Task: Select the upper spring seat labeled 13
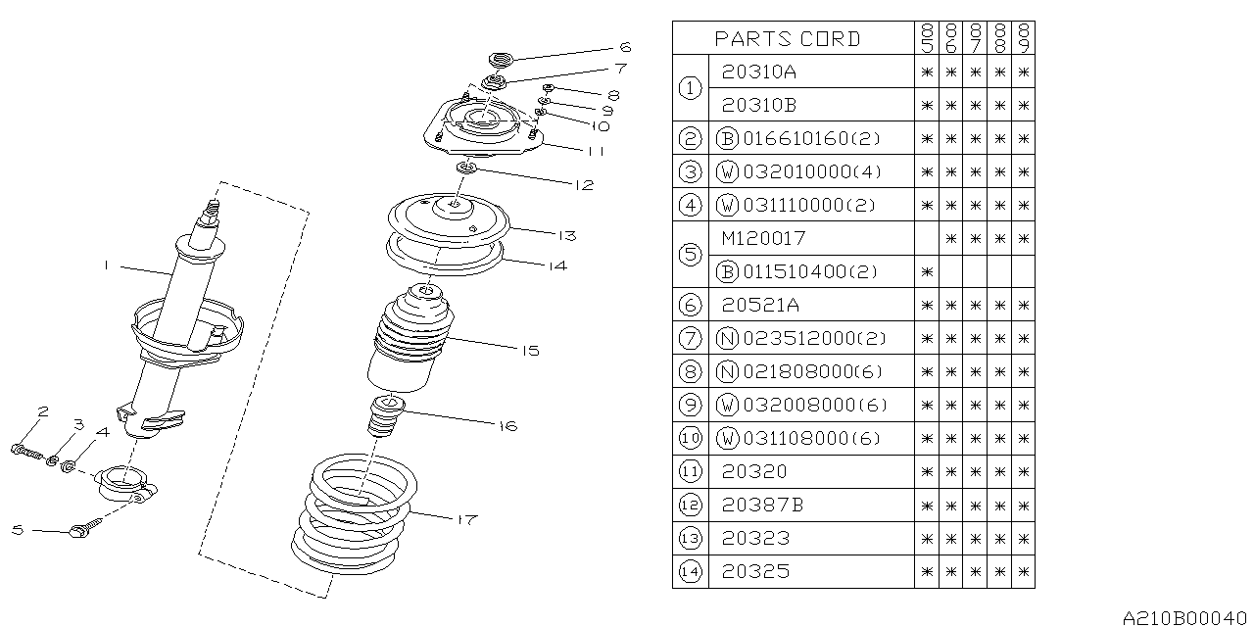click(449, 220)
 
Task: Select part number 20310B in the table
click(759, 105)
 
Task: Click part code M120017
click(763, 238)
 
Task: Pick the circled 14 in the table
click(693, 571)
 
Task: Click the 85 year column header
click(926, 38)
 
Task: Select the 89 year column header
click(1024, 38)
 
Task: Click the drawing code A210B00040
click(1185, 617)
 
